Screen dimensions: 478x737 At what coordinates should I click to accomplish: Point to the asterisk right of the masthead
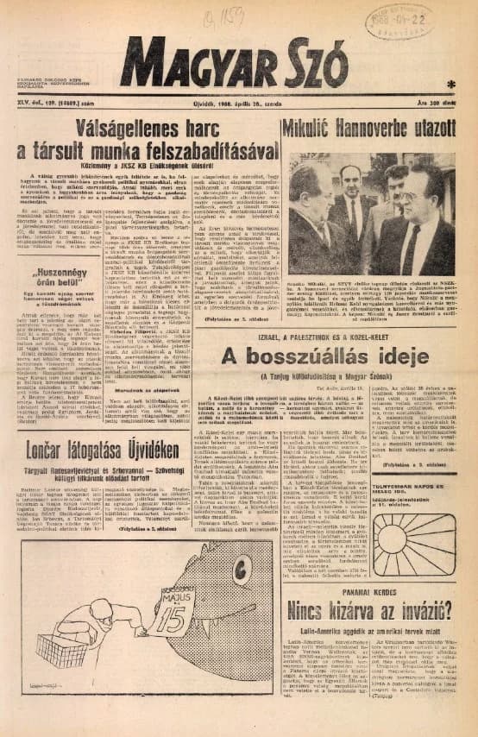[x=452, y=84]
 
